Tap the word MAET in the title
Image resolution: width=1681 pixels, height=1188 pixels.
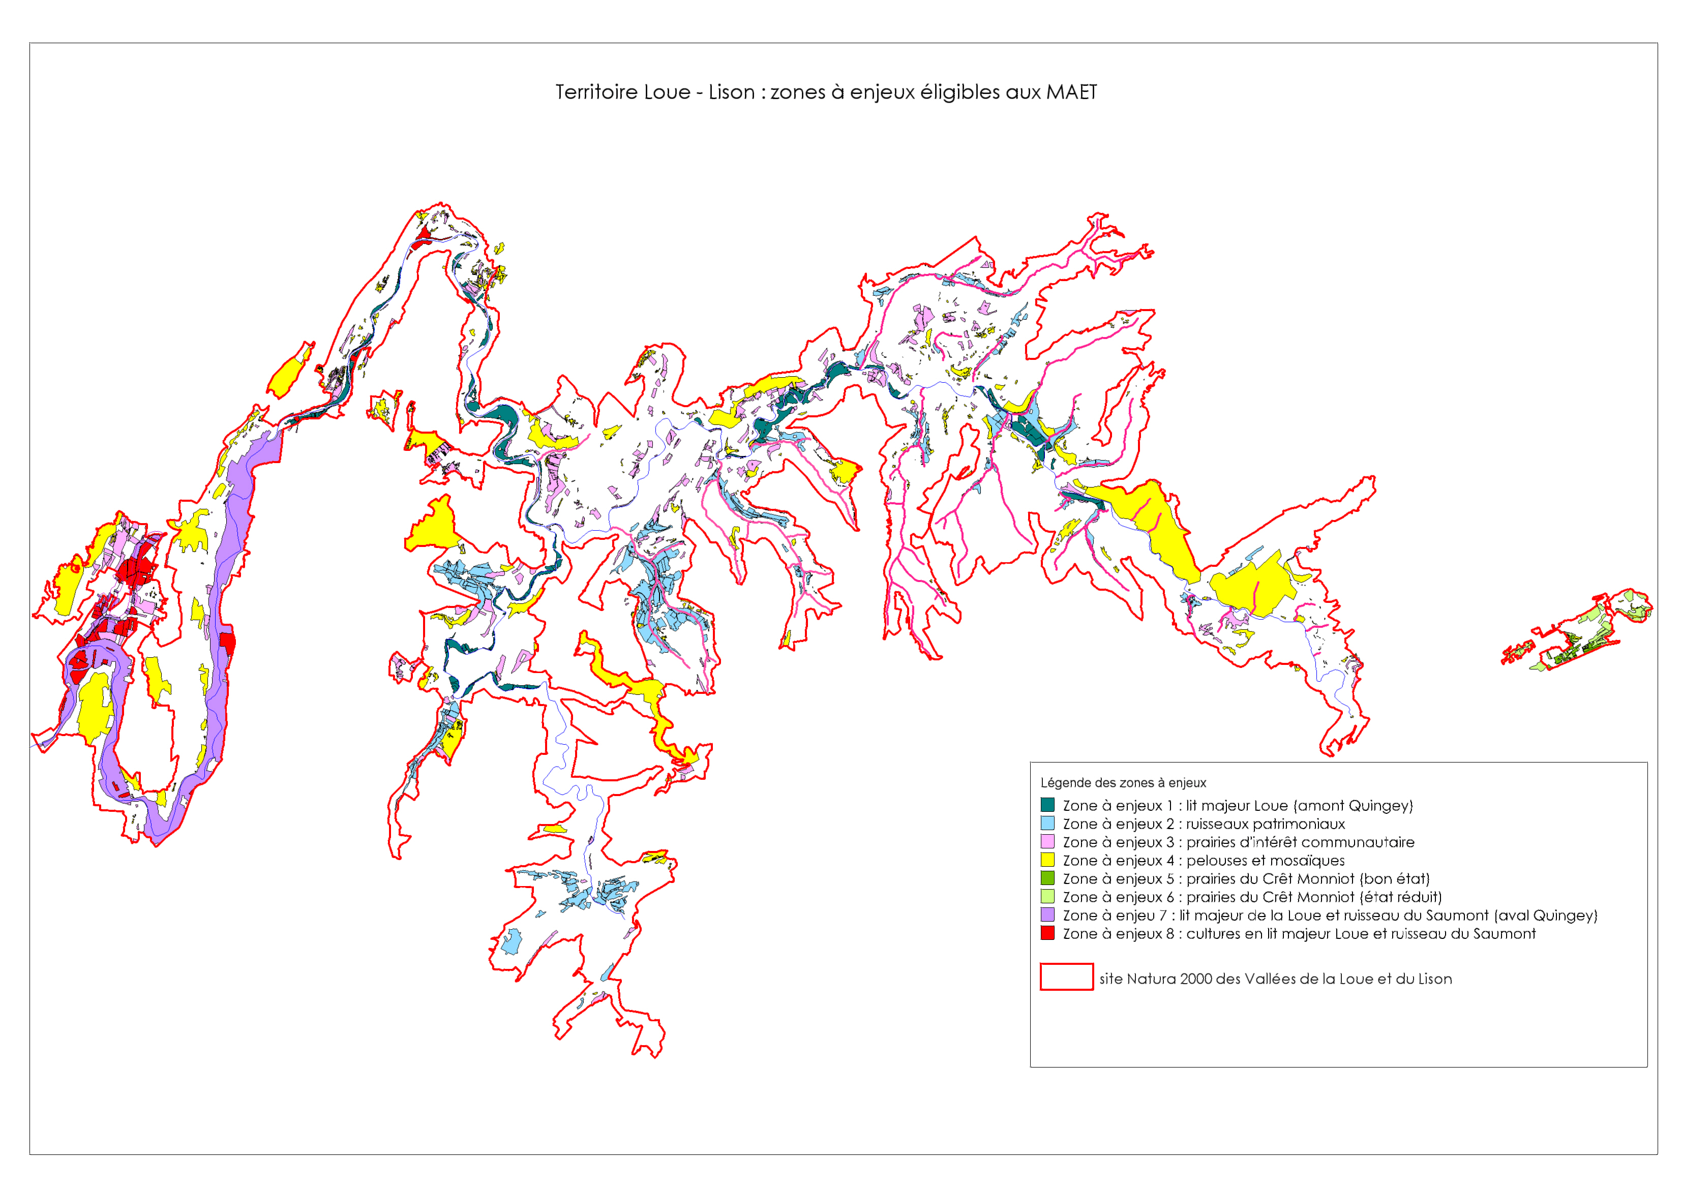[1071, 92]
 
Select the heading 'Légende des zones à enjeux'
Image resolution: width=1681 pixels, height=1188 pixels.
[1123, 782]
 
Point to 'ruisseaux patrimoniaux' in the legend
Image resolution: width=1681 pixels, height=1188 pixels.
[1265, 824]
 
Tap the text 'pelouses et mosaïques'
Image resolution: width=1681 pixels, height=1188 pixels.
[1265, 861]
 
